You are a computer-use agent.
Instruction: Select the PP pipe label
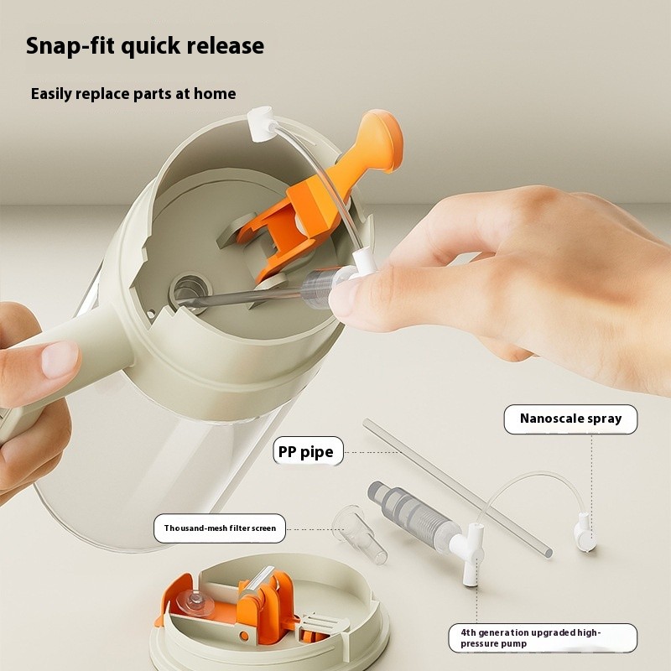click(x=308, y=451)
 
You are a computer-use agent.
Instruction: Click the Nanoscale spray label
click(x=570, y=419)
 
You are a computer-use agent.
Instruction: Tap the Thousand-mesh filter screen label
click(x=220, y=528)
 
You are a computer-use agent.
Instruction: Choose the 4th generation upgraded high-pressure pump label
click(x=543, y=637)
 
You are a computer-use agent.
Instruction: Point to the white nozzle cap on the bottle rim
click(x=261, y=123)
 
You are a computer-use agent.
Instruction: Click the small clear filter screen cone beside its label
click(x=360, y=534)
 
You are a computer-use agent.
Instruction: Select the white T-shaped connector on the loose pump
click(x=472, y=553)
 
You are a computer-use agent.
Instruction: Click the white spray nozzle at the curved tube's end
click(x=585, y=533)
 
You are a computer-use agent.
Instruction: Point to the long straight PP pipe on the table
click(x=457, y=487)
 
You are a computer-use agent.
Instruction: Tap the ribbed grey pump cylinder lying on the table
click(x=413, y=514)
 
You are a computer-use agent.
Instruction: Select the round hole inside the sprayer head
click(x=190, y=291)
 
